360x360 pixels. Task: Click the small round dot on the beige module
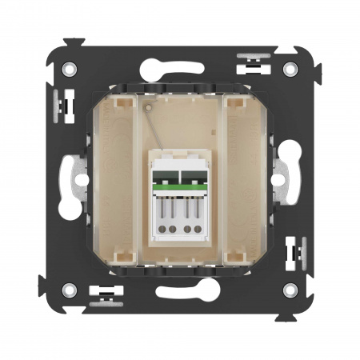pos(148,105)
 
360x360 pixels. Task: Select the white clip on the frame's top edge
pos(254,62)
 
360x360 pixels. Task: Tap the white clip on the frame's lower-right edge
pos(296,254)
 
